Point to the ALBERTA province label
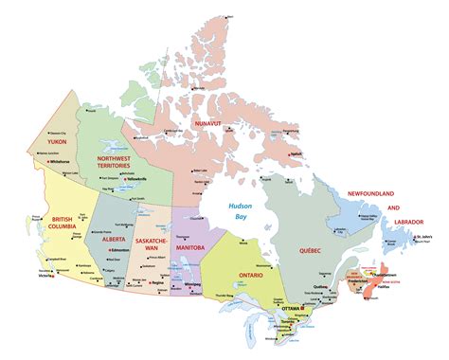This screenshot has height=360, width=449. pos(117,212)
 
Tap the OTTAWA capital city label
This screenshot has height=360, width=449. pos(291,311)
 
